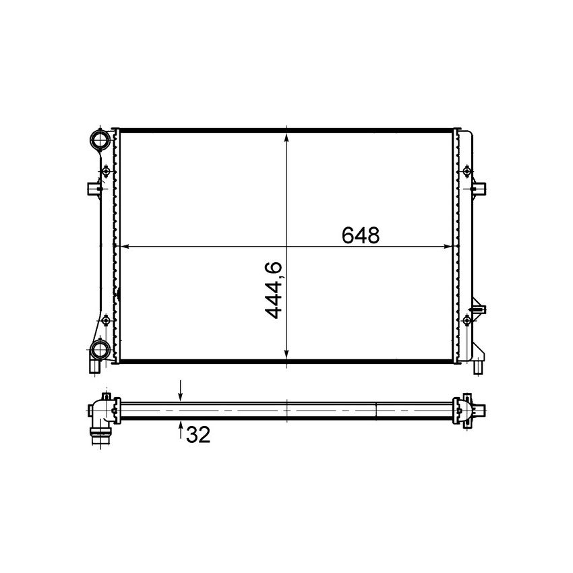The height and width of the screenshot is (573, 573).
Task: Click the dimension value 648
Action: [361, 235]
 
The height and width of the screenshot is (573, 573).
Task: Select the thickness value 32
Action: [198, 435]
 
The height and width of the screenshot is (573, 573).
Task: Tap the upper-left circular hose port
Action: [100, 141]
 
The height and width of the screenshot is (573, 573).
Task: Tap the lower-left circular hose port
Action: [100, 349]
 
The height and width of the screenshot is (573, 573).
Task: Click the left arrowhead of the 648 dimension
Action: [123, 246]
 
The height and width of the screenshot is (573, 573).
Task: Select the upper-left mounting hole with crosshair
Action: [106, 172]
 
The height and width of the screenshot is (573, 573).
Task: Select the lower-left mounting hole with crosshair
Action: [106, 320]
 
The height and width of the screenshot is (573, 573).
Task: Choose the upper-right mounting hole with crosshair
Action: [466, 172]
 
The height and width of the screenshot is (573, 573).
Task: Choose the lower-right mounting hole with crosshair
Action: [466, 320]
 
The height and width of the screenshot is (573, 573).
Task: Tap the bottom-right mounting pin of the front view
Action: [477, 367]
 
